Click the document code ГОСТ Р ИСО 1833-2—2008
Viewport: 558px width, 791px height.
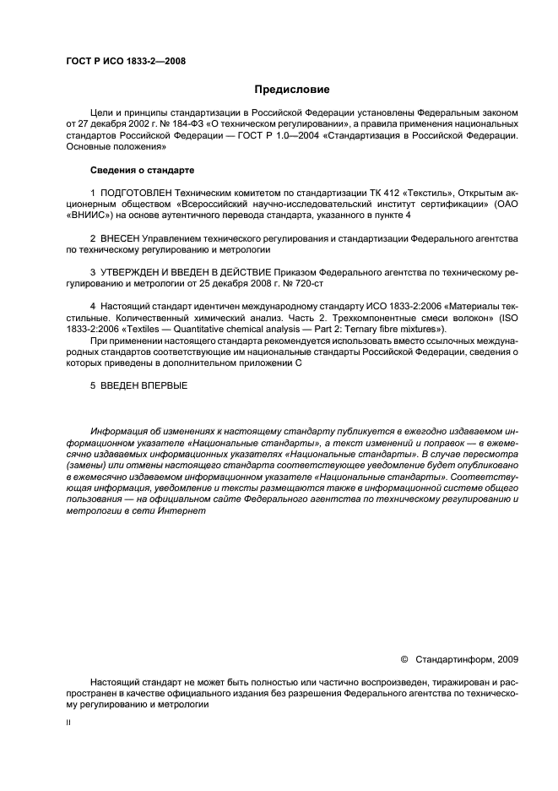pyautogui.click(x=125, y=61)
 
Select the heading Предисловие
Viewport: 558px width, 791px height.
pyautogui.click(x=292, y=89)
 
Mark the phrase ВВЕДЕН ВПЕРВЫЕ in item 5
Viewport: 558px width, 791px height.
pyautogui.click(x=144, y=385)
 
